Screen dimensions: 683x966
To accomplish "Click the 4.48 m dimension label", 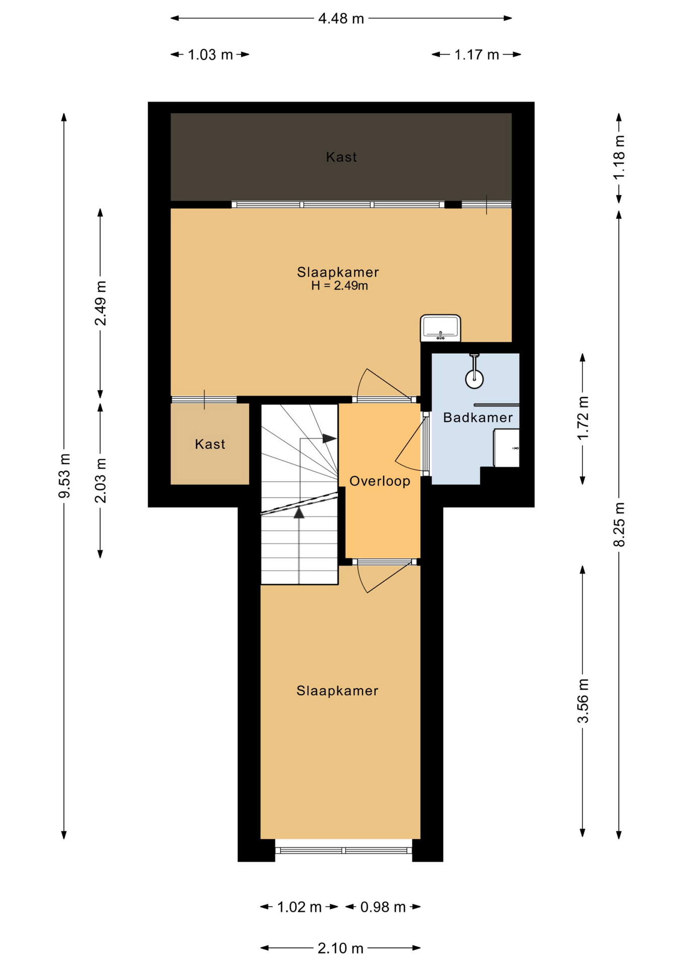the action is click(x=341, y=19).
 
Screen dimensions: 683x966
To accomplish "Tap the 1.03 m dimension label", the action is click(x=210, y=54).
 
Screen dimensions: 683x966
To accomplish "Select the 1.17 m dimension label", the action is click(x=476, y=54).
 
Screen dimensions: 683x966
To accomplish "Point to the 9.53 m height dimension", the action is click(x=64, y=475).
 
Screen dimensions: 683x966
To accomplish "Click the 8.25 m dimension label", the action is click(x=619, y=524).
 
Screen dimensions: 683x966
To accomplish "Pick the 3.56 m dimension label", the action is click(x=582, y=701).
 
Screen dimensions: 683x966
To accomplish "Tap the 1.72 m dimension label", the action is click(x=582, y=418).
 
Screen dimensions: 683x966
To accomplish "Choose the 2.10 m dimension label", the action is click(x=340, y=948).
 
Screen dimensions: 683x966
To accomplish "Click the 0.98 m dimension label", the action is click(x=383, y=907).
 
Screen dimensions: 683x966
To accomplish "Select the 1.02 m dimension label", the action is click(x=299, y=907).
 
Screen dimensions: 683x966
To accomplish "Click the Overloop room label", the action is click(x=380, y=481).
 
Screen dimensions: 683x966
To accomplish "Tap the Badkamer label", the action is click(x=478, y=418).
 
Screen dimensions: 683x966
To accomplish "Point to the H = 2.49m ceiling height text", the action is click(x=339, y=286).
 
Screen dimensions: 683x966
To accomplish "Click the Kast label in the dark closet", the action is click(x=341, y=157).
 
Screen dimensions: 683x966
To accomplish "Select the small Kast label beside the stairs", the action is click(x=210, y=444).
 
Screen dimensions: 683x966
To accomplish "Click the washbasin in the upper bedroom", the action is click(x=441, y=328).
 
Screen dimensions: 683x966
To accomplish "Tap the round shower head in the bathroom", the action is click(x=474, y=379).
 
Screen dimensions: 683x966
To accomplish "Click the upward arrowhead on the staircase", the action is click(x=299, y=513).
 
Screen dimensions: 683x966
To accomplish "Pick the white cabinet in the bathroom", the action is click(x=506, y=448).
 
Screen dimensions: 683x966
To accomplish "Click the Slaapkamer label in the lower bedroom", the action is click(x=337, y=691).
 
